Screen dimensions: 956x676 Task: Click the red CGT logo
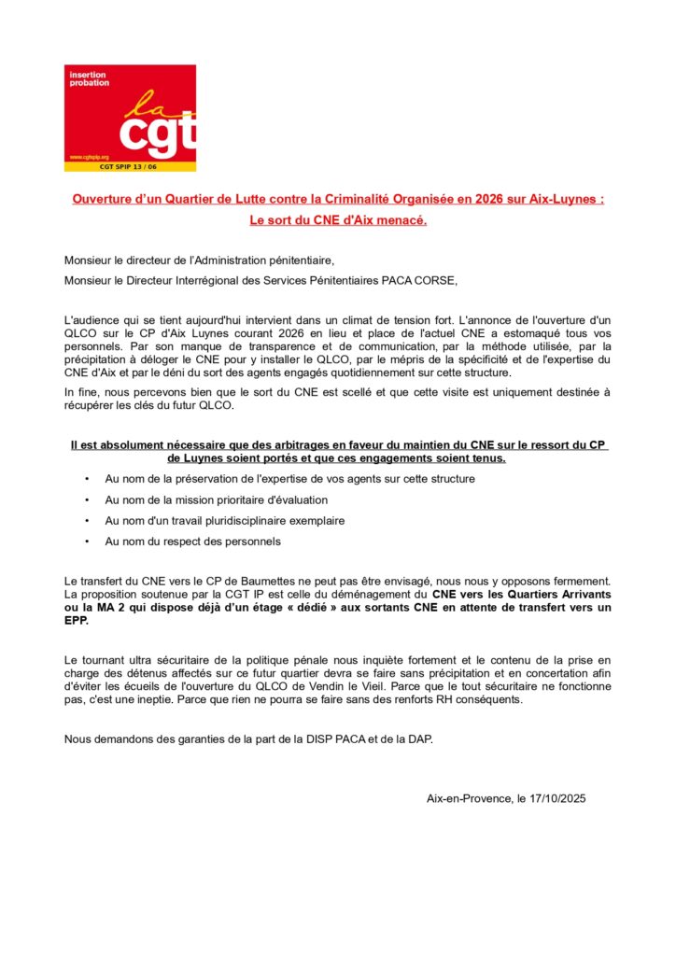point(130,118)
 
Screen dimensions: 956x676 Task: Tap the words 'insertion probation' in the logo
point(89,78)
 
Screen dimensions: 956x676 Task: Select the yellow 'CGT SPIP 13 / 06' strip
point(130,166)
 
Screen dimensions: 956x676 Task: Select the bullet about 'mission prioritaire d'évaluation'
point(216,499)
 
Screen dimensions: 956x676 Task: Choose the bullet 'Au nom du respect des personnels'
point(192,541)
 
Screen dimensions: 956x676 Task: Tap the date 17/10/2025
point(556,798)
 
